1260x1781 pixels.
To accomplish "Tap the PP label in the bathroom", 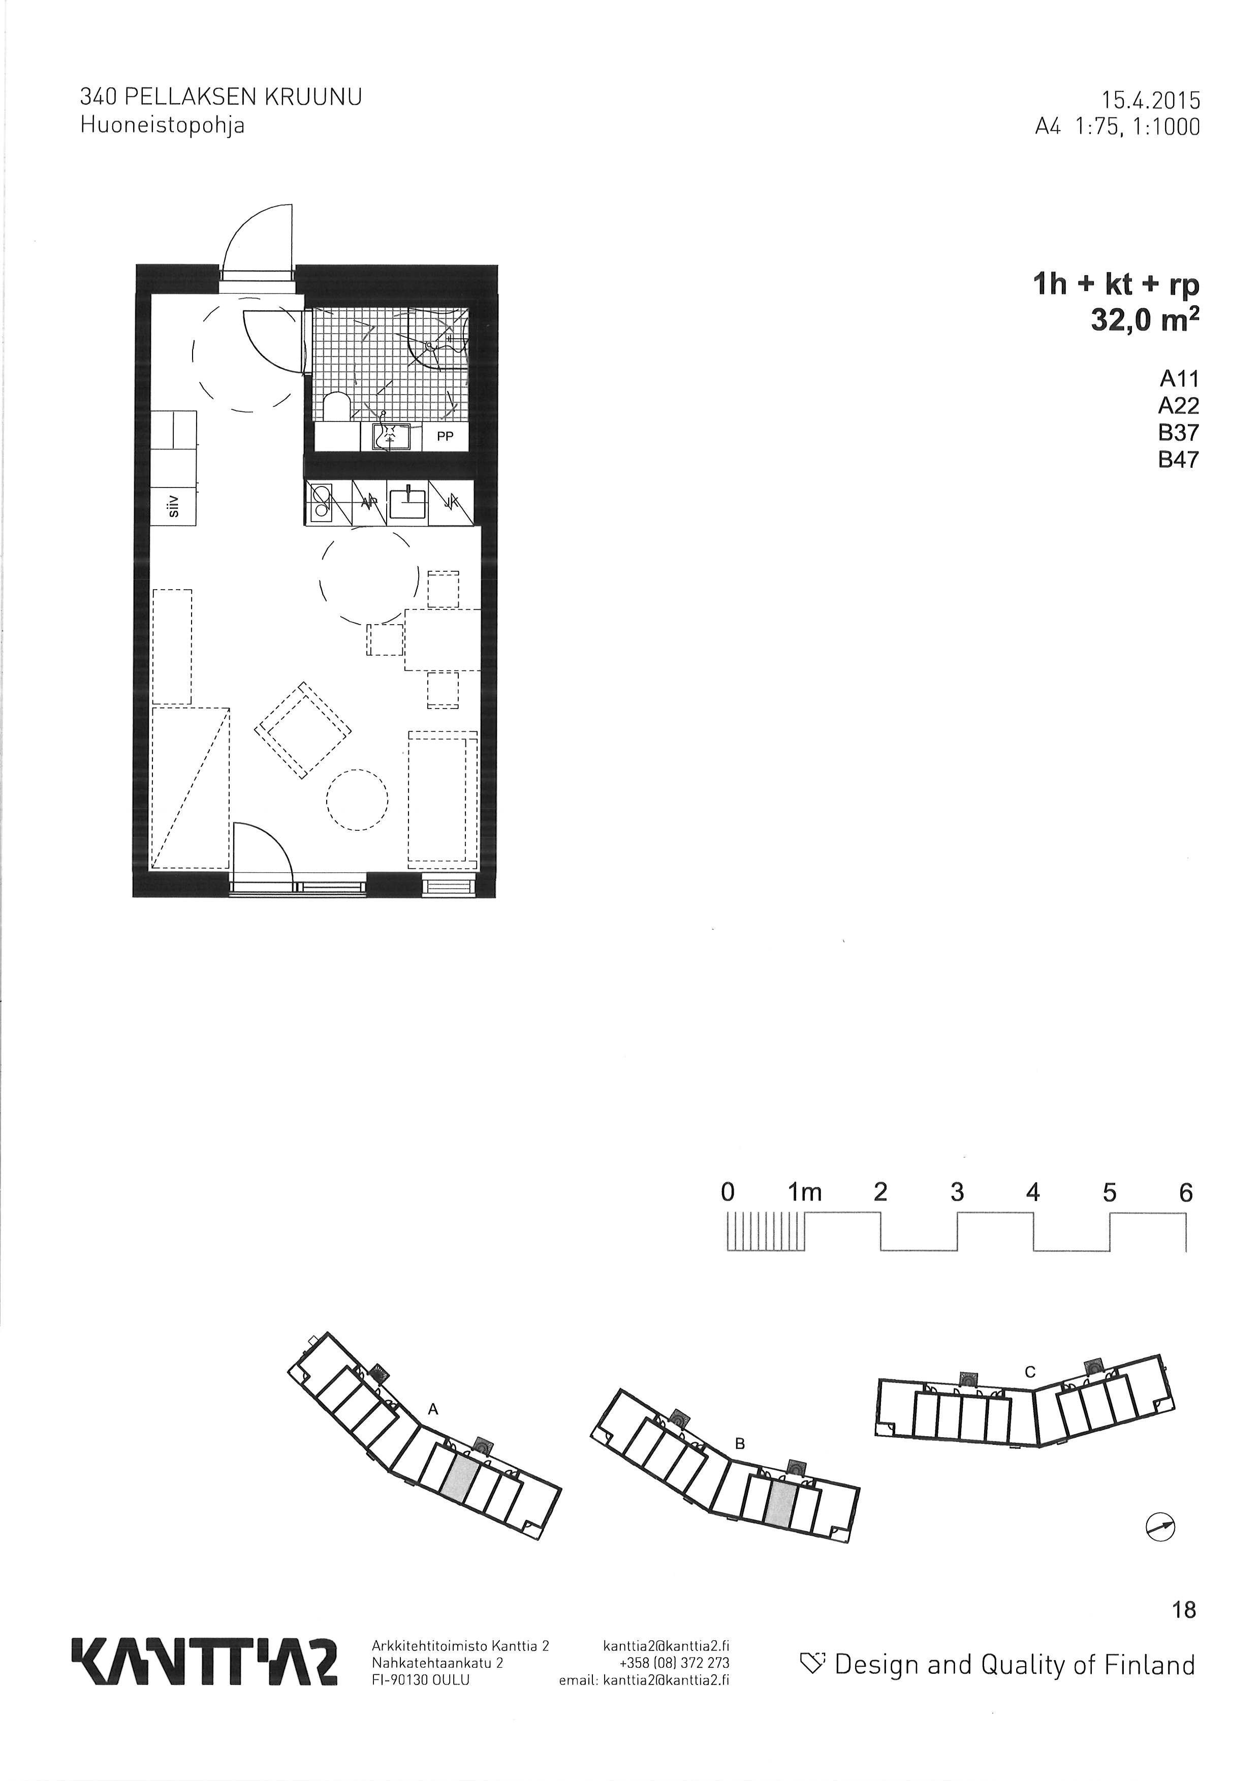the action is tap(445, 437).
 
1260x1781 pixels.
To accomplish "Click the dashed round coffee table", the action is tap(357, 800).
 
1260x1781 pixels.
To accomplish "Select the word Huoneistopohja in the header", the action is tap(163, 125).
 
